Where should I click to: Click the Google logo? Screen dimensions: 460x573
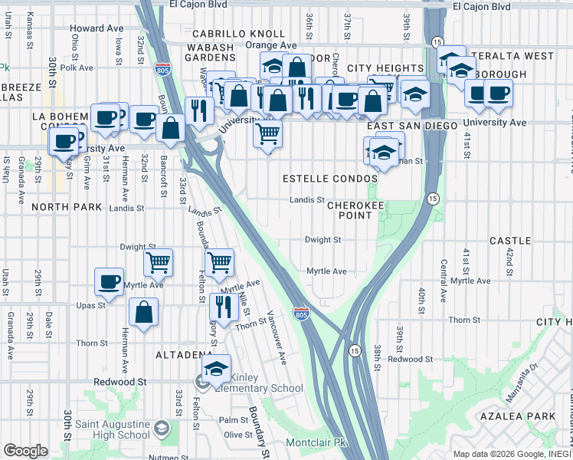click(x=25, y=451)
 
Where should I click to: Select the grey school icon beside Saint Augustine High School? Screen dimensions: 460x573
click(x=162, y=427)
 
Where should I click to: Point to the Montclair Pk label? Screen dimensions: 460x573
click(x=316, y=443)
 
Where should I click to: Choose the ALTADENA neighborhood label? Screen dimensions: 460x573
click(x=183, y=355)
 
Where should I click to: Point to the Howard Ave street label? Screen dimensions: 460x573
click(x=97, y=28)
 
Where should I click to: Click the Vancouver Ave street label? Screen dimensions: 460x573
click(x=276, y=337)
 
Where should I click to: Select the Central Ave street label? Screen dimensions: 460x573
click(x=444, y=279)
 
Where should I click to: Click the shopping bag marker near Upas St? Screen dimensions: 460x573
click(x=143, y=312)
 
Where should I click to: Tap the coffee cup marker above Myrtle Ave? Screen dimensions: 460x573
click(x=110, y=281)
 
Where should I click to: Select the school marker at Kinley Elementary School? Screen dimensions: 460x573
click(x=217, y=369)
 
